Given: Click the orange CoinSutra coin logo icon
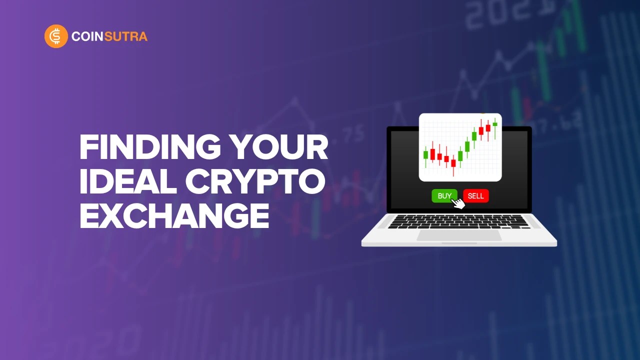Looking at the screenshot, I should pos(56,36).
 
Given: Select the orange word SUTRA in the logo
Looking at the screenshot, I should pos(128,36).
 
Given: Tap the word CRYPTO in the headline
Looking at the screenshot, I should pos(255,182).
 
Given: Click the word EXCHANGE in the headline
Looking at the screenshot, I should pos(174,216).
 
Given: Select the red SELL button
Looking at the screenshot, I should pos(475,196).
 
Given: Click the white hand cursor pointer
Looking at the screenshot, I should pos(457,202).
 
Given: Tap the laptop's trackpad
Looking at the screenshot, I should pos(459,235).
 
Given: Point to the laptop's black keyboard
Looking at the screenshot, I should pos(459,221).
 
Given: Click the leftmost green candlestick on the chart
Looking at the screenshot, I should pos(425,154).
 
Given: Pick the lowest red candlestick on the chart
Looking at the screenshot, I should pos(453,162).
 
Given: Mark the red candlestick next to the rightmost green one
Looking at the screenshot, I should pos(488,127).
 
